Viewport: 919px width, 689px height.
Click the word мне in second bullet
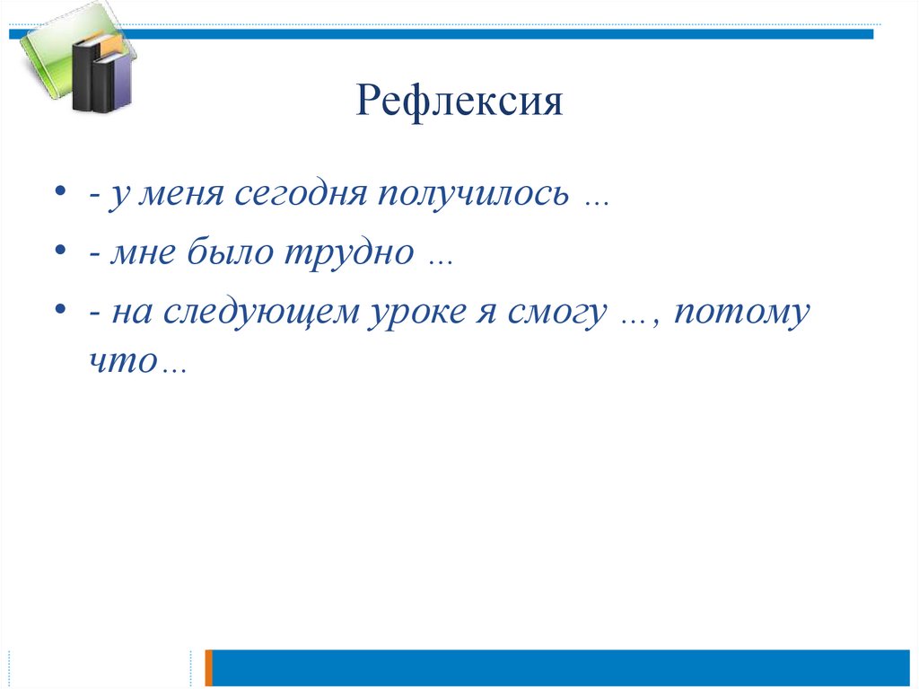point(144,255)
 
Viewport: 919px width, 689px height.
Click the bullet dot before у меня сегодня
point(59,196)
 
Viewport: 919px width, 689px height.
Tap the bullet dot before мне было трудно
point(59,253)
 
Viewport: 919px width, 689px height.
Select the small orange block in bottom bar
point(209,667)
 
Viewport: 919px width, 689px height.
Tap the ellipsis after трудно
point(440,261)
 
